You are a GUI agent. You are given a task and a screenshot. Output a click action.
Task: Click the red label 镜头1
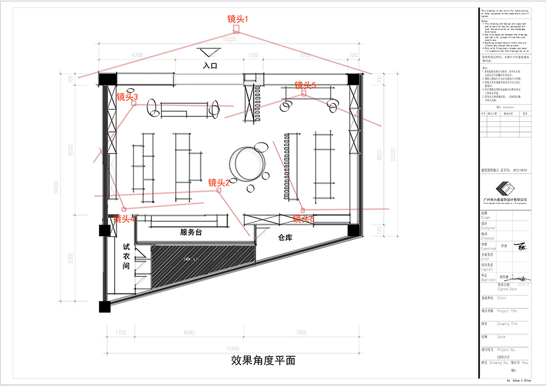[237, 19]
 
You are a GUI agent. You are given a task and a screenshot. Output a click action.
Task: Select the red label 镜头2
[219, 183]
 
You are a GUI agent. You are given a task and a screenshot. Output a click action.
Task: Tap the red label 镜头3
[128, 97]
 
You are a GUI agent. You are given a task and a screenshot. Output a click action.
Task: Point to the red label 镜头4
[124, 219]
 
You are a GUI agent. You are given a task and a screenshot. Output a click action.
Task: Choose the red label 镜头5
[305, 85]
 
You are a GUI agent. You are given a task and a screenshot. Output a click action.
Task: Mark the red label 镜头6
[303, 219]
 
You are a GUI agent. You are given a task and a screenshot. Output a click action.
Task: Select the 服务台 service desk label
[191, 232]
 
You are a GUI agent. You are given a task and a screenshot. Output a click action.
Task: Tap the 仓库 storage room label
[285, 237]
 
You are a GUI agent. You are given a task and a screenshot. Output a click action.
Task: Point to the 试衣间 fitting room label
[126, 256]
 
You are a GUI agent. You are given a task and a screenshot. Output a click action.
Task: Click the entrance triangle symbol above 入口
[208, 52]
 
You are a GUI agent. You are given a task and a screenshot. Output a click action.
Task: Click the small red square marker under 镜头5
[304, 94]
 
